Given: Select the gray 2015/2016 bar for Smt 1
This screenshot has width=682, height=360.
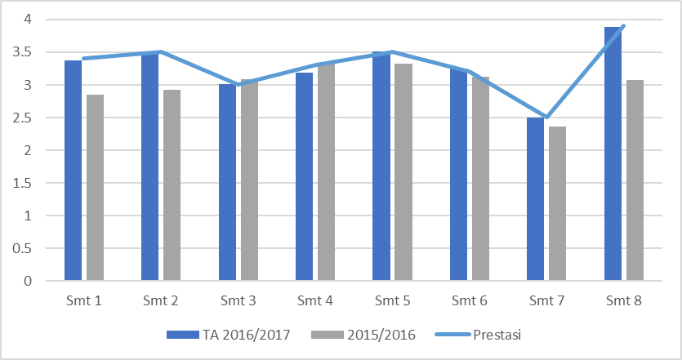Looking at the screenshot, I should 95,188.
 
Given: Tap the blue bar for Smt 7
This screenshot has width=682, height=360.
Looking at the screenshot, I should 536,200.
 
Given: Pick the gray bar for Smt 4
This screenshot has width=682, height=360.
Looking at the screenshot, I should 326,171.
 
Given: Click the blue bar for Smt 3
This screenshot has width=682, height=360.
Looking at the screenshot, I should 228,183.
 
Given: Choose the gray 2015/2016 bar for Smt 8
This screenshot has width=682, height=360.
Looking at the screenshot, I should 635,180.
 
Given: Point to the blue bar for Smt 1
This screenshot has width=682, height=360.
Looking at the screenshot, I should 74,171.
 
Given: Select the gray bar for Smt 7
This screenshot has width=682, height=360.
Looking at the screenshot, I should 558,204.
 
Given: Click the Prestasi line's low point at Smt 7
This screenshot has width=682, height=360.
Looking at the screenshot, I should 547,118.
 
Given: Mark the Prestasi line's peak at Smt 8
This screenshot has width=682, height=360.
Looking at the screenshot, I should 624,26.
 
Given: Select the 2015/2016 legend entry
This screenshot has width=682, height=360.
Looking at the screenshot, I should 374,334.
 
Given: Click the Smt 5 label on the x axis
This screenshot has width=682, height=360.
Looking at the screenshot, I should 394,301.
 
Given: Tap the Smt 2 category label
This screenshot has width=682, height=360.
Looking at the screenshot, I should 161,301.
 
